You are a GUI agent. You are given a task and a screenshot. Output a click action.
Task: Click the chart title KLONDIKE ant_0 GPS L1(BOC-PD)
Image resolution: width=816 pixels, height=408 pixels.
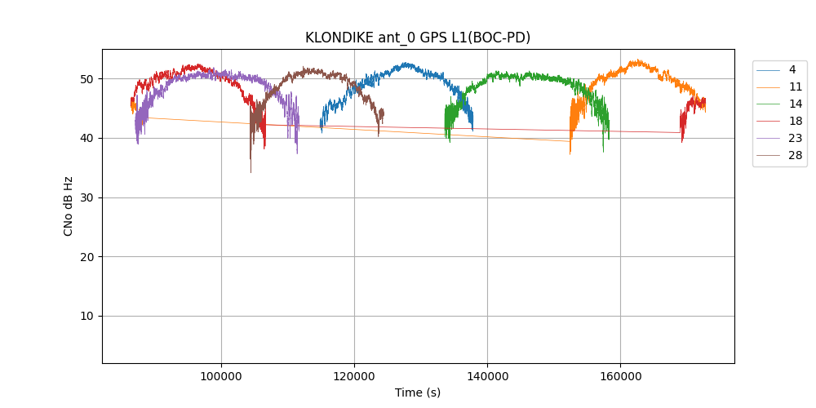417,38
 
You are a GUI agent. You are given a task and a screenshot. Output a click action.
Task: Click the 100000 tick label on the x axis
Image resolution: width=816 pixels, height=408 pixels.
221,376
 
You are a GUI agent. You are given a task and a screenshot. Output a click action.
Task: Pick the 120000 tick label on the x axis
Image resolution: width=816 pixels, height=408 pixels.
354,376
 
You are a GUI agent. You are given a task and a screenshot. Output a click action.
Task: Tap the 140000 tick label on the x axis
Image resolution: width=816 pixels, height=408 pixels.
487,376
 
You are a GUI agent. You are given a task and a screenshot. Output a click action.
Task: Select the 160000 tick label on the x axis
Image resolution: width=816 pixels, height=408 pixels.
620,376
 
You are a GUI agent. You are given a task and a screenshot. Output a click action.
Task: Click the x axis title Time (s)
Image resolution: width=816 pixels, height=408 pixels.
418,392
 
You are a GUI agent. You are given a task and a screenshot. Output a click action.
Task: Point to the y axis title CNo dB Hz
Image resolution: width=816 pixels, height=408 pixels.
69,206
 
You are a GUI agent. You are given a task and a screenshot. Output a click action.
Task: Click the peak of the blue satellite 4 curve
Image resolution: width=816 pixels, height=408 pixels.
405,63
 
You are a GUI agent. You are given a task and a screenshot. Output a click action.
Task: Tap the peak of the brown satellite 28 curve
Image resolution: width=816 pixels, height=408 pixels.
305,69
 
